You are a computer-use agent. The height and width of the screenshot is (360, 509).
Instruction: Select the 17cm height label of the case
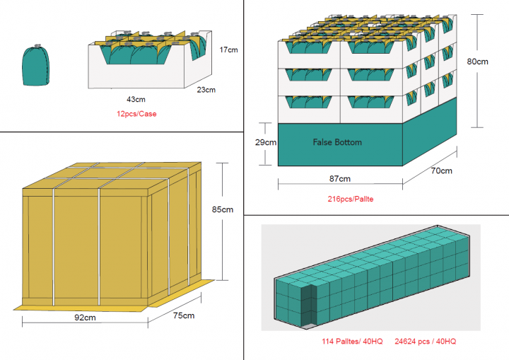point(228,50)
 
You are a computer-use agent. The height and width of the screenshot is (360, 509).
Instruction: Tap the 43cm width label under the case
point(136,98)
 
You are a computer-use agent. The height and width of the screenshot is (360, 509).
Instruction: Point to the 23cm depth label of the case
point(206,90)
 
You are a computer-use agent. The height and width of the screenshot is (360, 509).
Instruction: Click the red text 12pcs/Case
point(137,113)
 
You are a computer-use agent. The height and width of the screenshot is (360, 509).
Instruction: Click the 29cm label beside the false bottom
point(266,142)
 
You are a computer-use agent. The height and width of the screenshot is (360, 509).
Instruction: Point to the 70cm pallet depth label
point(441,170)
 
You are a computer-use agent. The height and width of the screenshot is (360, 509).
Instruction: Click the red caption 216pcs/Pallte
point(351,199)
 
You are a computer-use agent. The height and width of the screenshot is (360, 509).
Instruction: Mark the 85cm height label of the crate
point(222,209)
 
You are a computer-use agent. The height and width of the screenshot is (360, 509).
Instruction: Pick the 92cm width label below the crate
point(86,317)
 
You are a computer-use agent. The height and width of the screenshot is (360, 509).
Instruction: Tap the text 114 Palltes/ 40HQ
point(352,342)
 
